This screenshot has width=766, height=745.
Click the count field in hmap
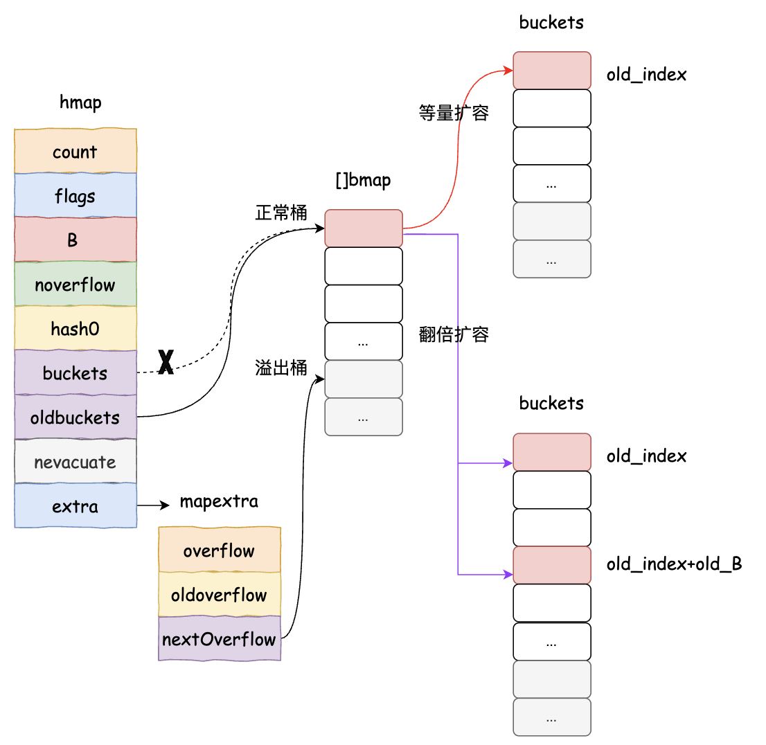(x=75, y=151)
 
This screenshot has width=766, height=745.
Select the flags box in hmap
(x=75, y=195)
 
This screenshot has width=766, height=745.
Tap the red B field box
(x=75, y=240)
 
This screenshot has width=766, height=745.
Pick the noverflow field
(x=75, y=284)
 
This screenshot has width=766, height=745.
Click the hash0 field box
(x=75, y=328)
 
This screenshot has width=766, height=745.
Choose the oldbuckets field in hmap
(x=75, y=417)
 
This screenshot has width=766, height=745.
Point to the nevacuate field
(x=75, y=461)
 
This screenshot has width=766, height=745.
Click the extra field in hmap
(x=75, y=505)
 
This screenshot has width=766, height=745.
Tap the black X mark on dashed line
(x=166, y=362)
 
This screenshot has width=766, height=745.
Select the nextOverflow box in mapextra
(x=220, y=638)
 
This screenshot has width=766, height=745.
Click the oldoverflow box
(x=220, y=595)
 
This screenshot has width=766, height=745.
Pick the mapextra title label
(x=219, y=502)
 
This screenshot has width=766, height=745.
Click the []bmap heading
(x=363, y=180)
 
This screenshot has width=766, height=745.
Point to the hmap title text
(x=80, y=102)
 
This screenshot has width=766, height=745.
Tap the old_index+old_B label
(x=674, y=564)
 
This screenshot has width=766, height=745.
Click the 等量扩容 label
(x=454, y=113)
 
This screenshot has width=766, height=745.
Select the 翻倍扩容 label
(x=454, y=334)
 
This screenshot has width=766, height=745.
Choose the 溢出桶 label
(x=281, y=368)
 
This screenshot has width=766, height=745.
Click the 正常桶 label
(x=281, y=213)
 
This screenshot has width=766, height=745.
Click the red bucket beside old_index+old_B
(x=551, y=565)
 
